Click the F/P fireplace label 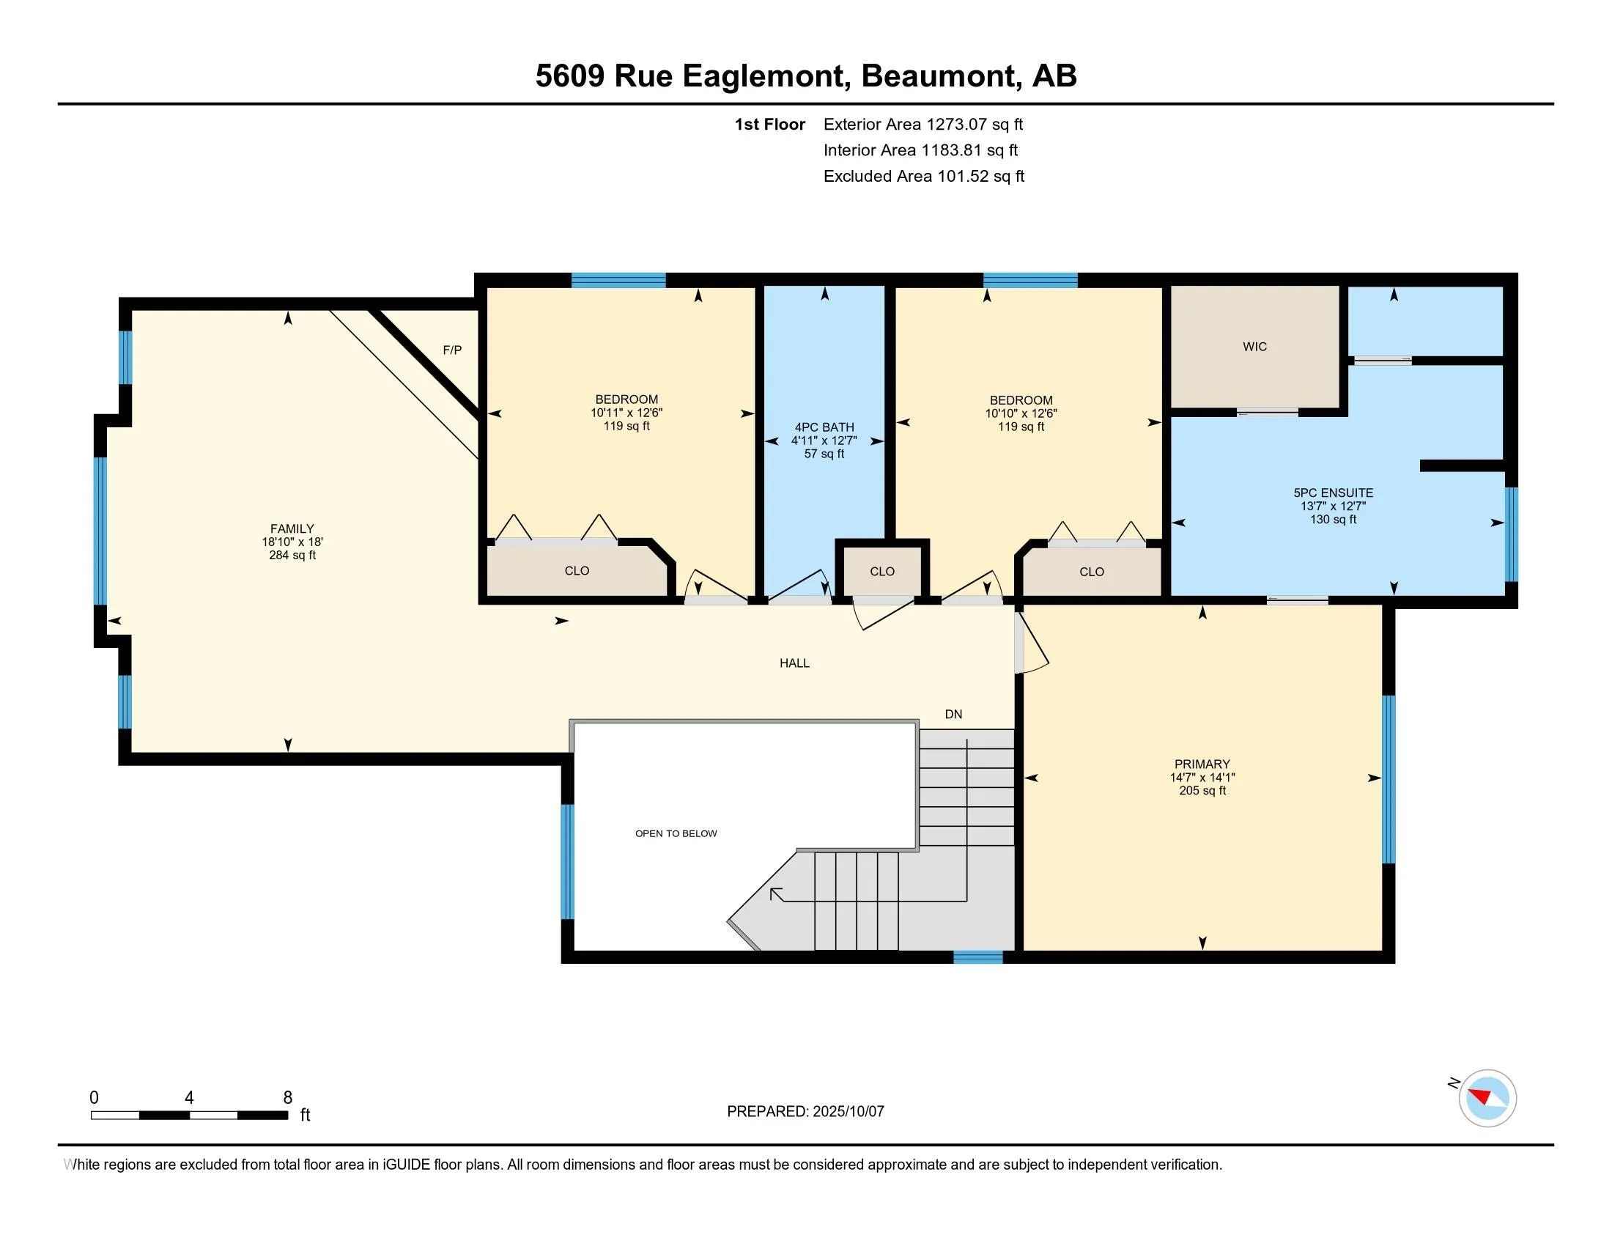pos(452,350)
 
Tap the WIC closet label pos(1254,346)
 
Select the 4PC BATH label pos(824,427)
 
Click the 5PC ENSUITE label pos(1333,493)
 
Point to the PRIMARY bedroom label pos(1202,764)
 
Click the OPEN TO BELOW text pos(676,833)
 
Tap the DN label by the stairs pos(953,714)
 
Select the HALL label pos(794,663)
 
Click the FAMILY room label pos(292,528)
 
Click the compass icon pos(1487,1098)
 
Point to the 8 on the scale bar pos(288,1098)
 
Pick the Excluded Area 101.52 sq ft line pos(923,176)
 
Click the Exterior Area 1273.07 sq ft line pos(923,124)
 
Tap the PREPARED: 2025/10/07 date pos(805,1111)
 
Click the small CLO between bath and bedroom pos(882,572)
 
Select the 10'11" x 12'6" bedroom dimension pos(626,413)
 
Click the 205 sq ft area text pos(1202,791)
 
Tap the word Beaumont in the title pos(937,76)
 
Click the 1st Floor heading pos(769,124)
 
